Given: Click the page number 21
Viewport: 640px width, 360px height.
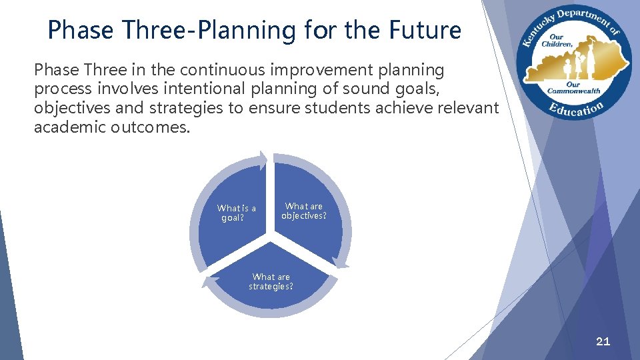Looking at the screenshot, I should tap(603, 341).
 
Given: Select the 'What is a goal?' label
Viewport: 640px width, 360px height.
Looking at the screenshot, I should tap(236, 213).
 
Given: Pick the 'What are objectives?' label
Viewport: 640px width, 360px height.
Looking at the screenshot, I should tap(304, 211).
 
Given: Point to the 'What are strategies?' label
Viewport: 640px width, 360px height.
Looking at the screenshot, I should tap(271, 281).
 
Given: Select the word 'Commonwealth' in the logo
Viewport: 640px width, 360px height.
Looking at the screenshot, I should tap(575, 90).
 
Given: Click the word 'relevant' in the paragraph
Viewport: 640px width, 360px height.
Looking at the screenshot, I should tap(472, 109).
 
